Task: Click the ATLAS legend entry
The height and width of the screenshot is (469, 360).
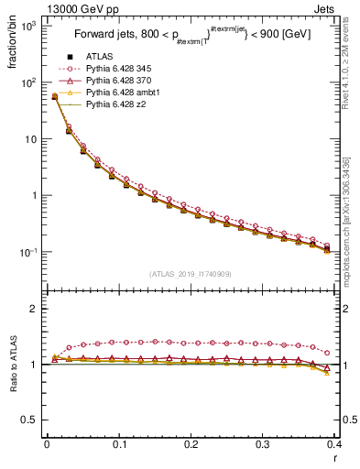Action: [x=96, y=56]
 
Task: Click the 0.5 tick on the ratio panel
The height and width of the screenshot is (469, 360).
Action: [x=31, y=420]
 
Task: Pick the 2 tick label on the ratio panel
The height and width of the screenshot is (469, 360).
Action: [x=36, y=309]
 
